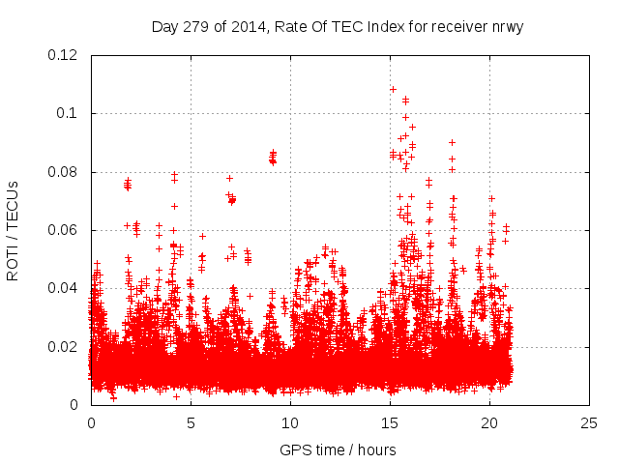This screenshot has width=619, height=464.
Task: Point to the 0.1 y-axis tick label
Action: pyautogui.click(x=71, y=113)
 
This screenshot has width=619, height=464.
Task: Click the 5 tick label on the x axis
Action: pyautogui.click(x=191, y=422)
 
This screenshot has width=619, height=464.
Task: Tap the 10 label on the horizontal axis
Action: pyautogui.click(x=290, y=422)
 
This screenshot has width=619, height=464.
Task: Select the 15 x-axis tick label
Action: pyautogui.click(x=390, y=422)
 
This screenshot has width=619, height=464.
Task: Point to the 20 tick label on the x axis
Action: pyautogui.click(x=489, y=422)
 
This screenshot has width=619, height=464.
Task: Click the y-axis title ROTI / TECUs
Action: pyautogui.click(x=13, y=230)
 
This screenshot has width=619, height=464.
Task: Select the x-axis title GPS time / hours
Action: pyautogui.click(x=339, y=449)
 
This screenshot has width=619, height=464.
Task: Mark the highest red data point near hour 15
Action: pyautogui.click(x=393, y=89)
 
